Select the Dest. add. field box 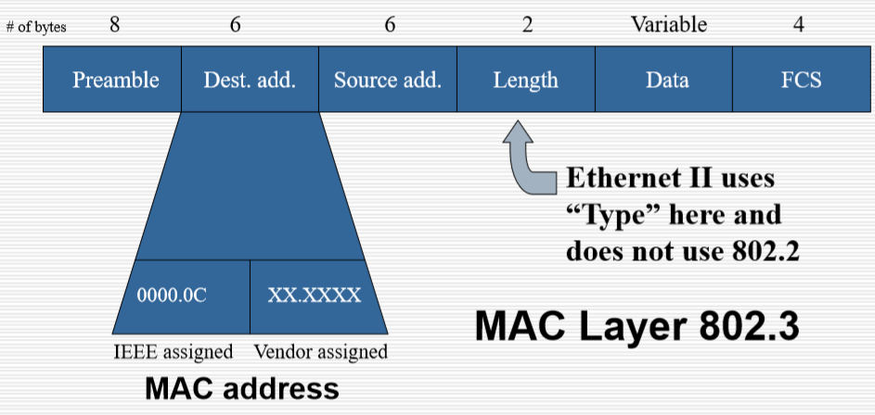tap(250, 80)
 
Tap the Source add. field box tap(388, 80)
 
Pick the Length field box tap(526, 80)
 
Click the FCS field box tap(802, 80)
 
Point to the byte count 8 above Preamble tap(114, 25)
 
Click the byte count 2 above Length tap(527, 25)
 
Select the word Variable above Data tap(668, 25)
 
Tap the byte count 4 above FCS tap(798, 25)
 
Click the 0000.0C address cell tap(172, 296)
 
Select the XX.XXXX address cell tap(315, 296)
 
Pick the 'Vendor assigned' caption tap(320, 352)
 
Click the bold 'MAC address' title tap(241, 387)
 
